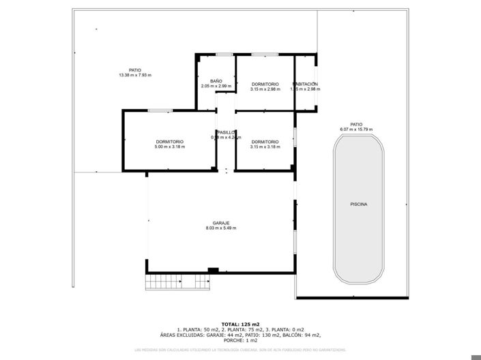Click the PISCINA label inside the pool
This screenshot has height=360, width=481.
358,204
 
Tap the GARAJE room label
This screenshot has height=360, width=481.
221,223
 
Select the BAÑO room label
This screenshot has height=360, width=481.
216,81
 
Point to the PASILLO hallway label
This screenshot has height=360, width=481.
226,132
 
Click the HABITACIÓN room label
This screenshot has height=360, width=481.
305,84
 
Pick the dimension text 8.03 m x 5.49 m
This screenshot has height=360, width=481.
221,228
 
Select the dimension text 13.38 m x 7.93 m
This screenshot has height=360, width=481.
134,74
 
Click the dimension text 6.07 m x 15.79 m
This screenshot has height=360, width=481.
356,129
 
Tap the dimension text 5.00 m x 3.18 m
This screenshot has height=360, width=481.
169,147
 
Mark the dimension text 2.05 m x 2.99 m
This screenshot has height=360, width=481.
216,87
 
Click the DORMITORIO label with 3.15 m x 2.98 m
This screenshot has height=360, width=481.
265,84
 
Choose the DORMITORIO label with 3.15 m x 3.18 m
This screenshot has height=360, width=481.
265,142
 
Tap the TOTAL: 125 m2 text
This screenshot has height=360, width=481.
240,324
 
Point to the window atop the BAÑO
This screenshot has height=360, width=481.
224,55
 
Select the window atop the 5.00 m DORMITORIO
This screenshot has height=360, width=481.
160,110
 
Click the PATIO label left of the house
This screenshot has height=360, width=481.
134,70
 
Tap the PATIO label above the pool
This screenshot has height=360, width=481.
356,124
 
